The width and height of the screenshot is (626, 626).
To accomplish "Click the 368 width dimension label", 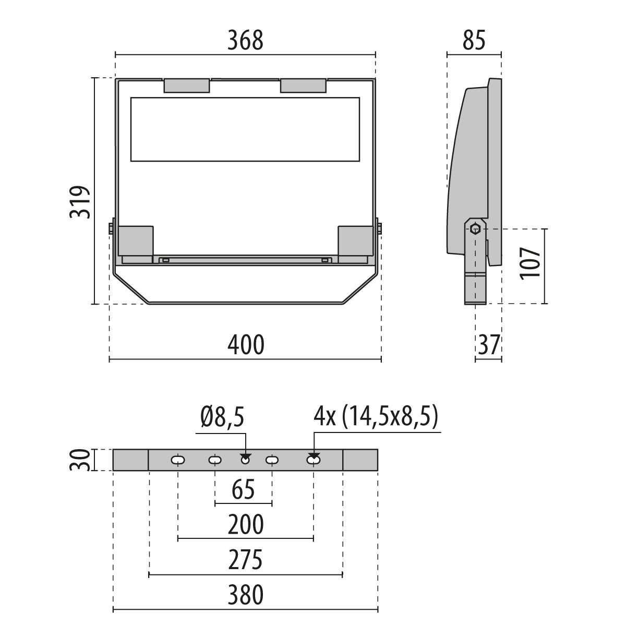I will tap(245, 41).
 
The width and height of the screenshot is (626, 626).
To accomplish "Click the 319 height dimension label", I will tap(81, 202).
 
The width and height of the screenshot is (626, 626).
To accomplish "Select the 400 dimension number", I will tap(245, 345).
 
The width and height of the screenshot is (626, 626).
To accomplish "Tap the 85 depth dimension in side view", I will tap(473, 41).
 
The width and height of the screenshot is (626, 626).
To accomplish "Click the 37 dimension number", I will tap(488, 345).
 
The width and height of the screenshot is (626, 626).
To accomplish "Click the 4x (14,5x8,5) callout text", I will tap(375, 418).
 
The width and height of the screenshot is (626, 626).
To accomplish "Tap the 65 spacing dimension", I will tap(244, 490).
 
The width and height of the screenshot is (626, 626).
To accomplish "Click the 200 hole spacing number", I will tap(245, 525).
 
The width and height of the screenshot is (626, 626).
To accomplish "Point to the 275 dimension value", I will tap(245, 561).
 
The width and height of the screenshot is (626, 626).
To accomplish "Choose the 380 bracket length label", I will tap(245, 595).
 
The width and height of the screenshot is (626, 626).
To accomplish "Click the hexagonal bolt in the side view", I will tap(475, 228).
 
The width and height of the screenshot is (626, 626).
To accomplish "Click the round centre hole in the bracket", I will tap(245, 460).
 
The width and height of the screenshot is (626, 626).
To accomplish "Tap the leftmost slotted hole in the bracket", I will tap(178, 460).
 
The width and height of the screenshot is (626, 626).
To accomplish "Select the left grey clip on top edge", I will tap(187, 86).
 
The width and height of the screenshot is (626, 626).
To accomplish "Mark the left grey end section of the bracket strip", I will tap(131, 460).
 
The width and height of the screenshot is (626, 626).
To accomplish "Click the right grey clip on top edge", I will tap(304, 86).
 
